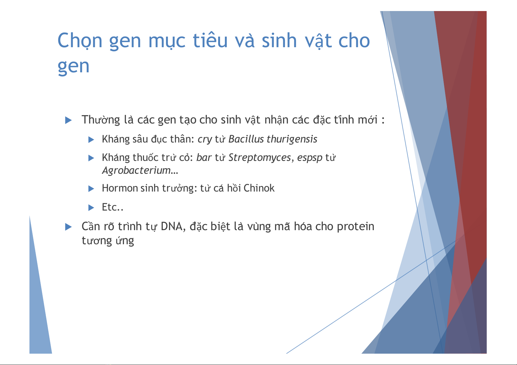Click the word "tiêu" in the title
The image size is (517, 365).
pos(210,40)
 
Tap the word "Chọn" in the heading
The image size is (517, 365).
pos(80,41)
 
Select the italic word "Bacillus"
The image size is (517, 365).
pos(246,139)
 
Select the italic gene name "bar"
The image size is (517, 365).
pos(204,158)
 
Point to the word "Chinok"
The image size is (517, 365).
pos(259,188)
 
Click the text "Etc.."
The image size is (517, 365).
pos(113,207)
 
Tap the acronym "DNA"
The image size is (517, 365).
pos(172,226)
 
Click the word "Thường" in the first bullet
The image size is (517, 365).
pos(101,120)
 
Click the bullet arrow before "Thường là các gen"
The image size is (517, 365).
pos(68,120)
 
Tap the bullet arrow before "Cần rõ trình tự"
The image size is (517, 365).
pos(68,227)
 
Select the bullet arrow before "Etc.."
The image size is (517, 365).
pos(91,208)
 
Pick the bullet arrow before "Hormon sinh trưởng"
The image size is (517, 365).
pos(91,189)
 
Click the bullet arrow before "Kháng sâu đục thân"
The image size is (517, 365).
pos(91,140)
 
